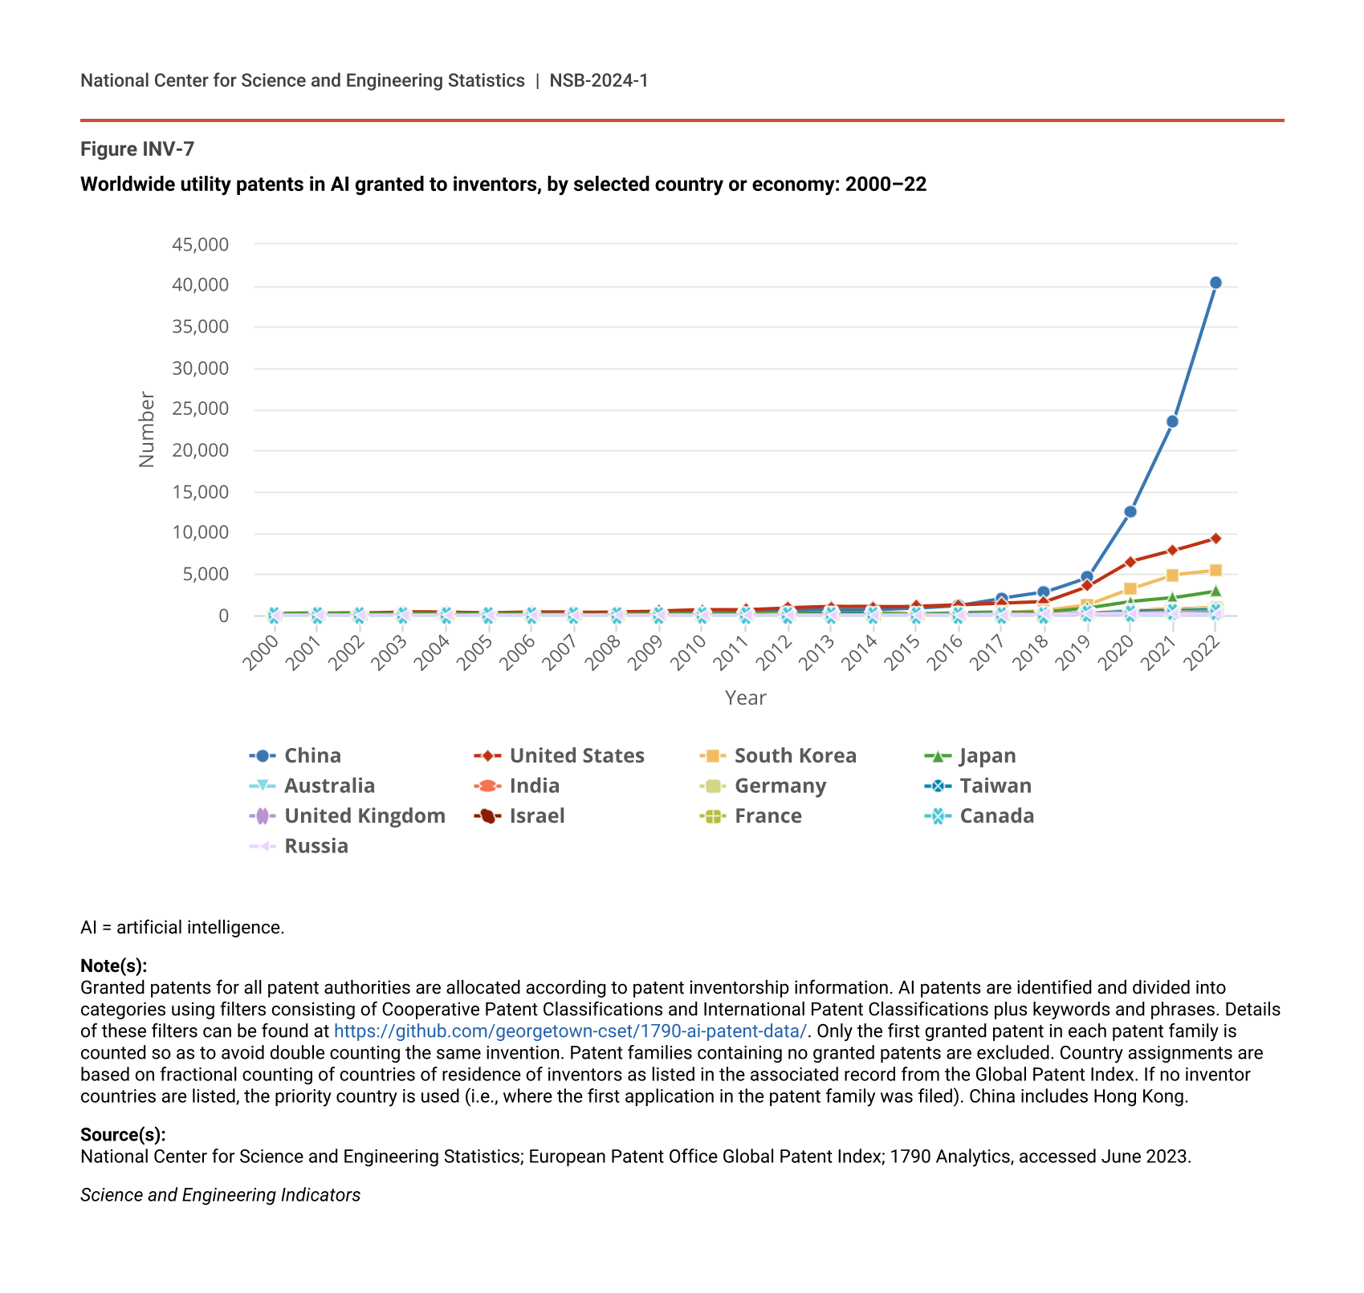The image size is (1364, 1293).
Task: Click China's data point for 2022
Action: tap(1215, 283)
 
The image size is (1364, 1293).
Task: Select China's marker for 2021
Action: tap(1172, 421)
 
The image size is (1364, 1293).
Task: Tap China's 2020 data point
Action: tap(1130, 511)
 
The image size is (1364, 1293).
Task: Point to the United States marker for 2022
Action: tap(1215, 539)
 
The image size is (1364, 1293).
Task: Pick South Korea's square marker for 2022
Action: tap(1215, 571)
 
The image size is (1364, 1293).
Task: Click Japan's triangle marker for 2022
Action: tap(1215, 592)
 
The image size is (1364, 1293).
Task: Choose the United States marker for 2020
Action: tap(1130, 562)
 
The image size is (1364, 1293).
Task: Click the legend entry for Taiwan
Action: tap(996, 786)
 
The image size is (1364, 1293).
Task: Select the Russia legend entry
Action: tap(316, 846)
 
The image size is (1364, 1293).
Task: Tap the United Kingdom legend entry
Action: tap(364, 816)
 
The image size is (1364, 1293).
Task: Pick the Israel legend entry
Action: tap(537, 816)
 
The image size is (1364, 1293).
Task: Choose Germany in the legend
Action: tap(780, 786)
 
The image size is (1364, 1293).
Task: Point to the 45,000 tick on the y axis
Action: tap(201, 245)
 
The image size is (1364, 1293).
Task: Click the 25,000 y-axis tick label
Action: tap(201, 409)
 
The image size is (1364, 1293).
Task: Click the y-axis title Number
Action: tap(146, 429)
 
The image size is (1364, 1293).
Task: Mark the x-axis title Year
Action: tap(745, 697)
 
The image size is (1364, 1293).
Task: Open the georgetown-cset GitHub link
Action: tap(569, 1031)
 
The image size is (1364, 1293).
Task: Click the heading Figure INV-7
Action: tap(137, 149)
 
